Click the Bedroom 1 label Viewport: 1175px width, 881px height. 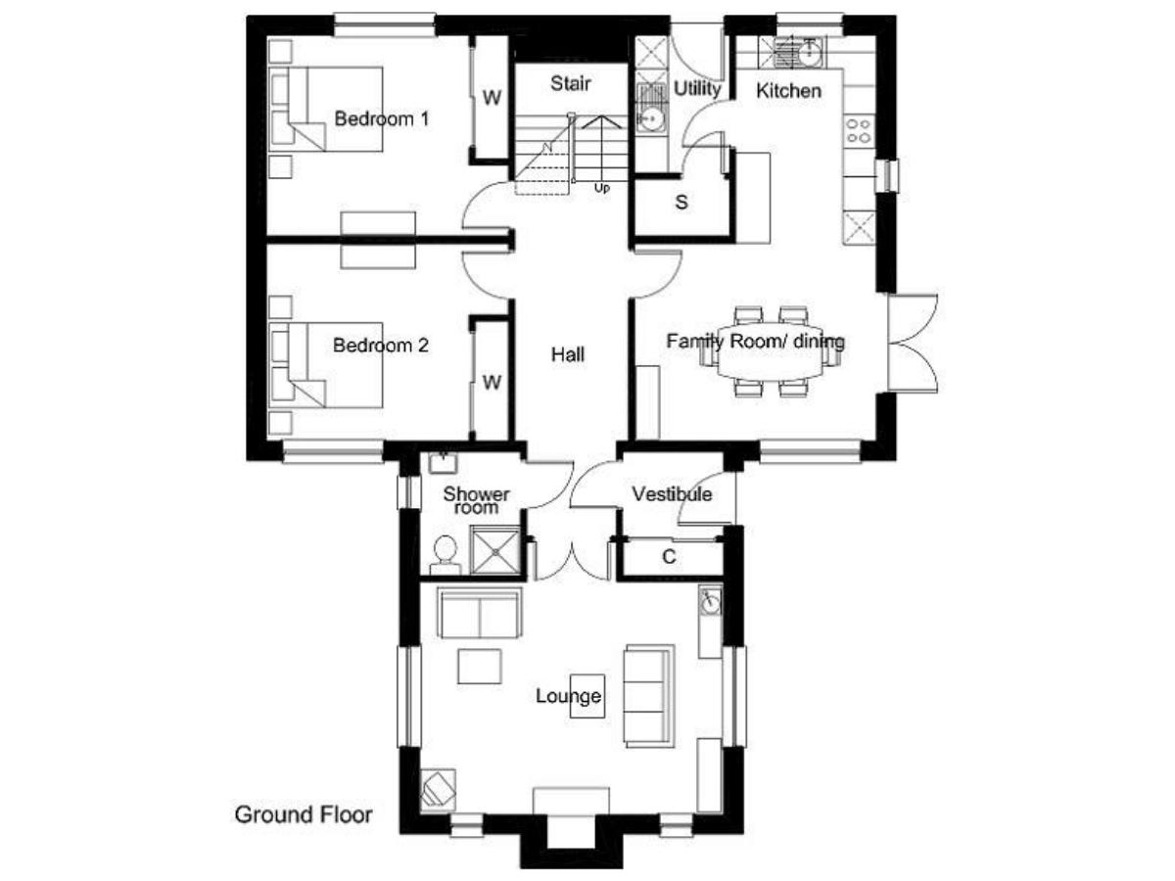(381, 118)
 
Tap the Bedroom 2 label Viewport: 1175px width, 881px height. (380, 345)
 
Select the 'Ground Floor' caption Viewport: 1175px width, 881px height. (303, 814)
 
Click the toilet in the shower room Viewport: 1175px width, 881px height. (445, 555)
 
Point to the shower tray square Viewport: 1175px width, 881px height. (494, 550)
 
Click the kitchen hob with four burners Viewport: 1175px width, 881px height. (858, 131)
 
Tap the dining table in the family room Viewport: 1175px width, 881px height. (770, 350)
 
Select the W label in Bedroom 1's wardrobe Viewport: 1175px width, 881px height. (492, 97)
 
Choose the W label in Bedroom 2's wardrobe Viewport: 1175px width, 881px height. (492, 383)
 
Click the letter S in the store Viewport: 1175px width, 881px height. (681, 203)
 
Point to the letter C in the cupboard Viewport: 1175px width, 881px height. (669, 557)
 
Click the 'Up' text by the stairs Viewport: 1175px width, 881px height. (601, 188)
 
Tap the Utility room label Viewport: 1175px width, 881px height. (697, 89)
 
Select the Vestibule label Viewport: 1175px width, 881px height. (672, 493)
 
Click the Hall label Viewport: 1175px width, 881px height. (567, 354)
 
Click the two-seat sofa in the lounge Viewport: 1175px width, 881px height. (479, 613)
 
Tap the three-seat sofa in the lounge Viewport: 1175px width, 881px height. (649, 696)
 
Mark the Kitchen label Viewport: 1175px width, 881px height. (788, 91)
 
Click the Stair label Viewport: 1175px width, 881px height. (570, 83)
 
